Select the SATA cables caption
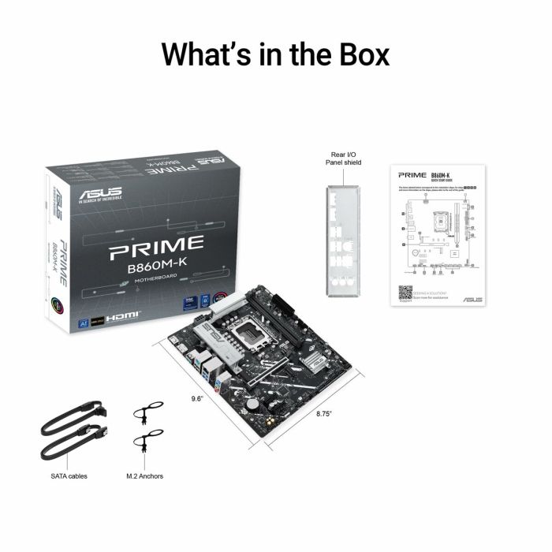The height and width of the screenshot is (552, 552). (69, 476)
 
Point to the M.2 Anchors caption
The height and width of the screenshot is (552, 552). (145, 476)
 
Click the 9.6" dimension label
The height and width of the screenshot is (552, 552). (197, 399)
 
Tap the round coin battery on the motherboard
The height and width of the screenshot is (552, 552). (252, 401)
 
